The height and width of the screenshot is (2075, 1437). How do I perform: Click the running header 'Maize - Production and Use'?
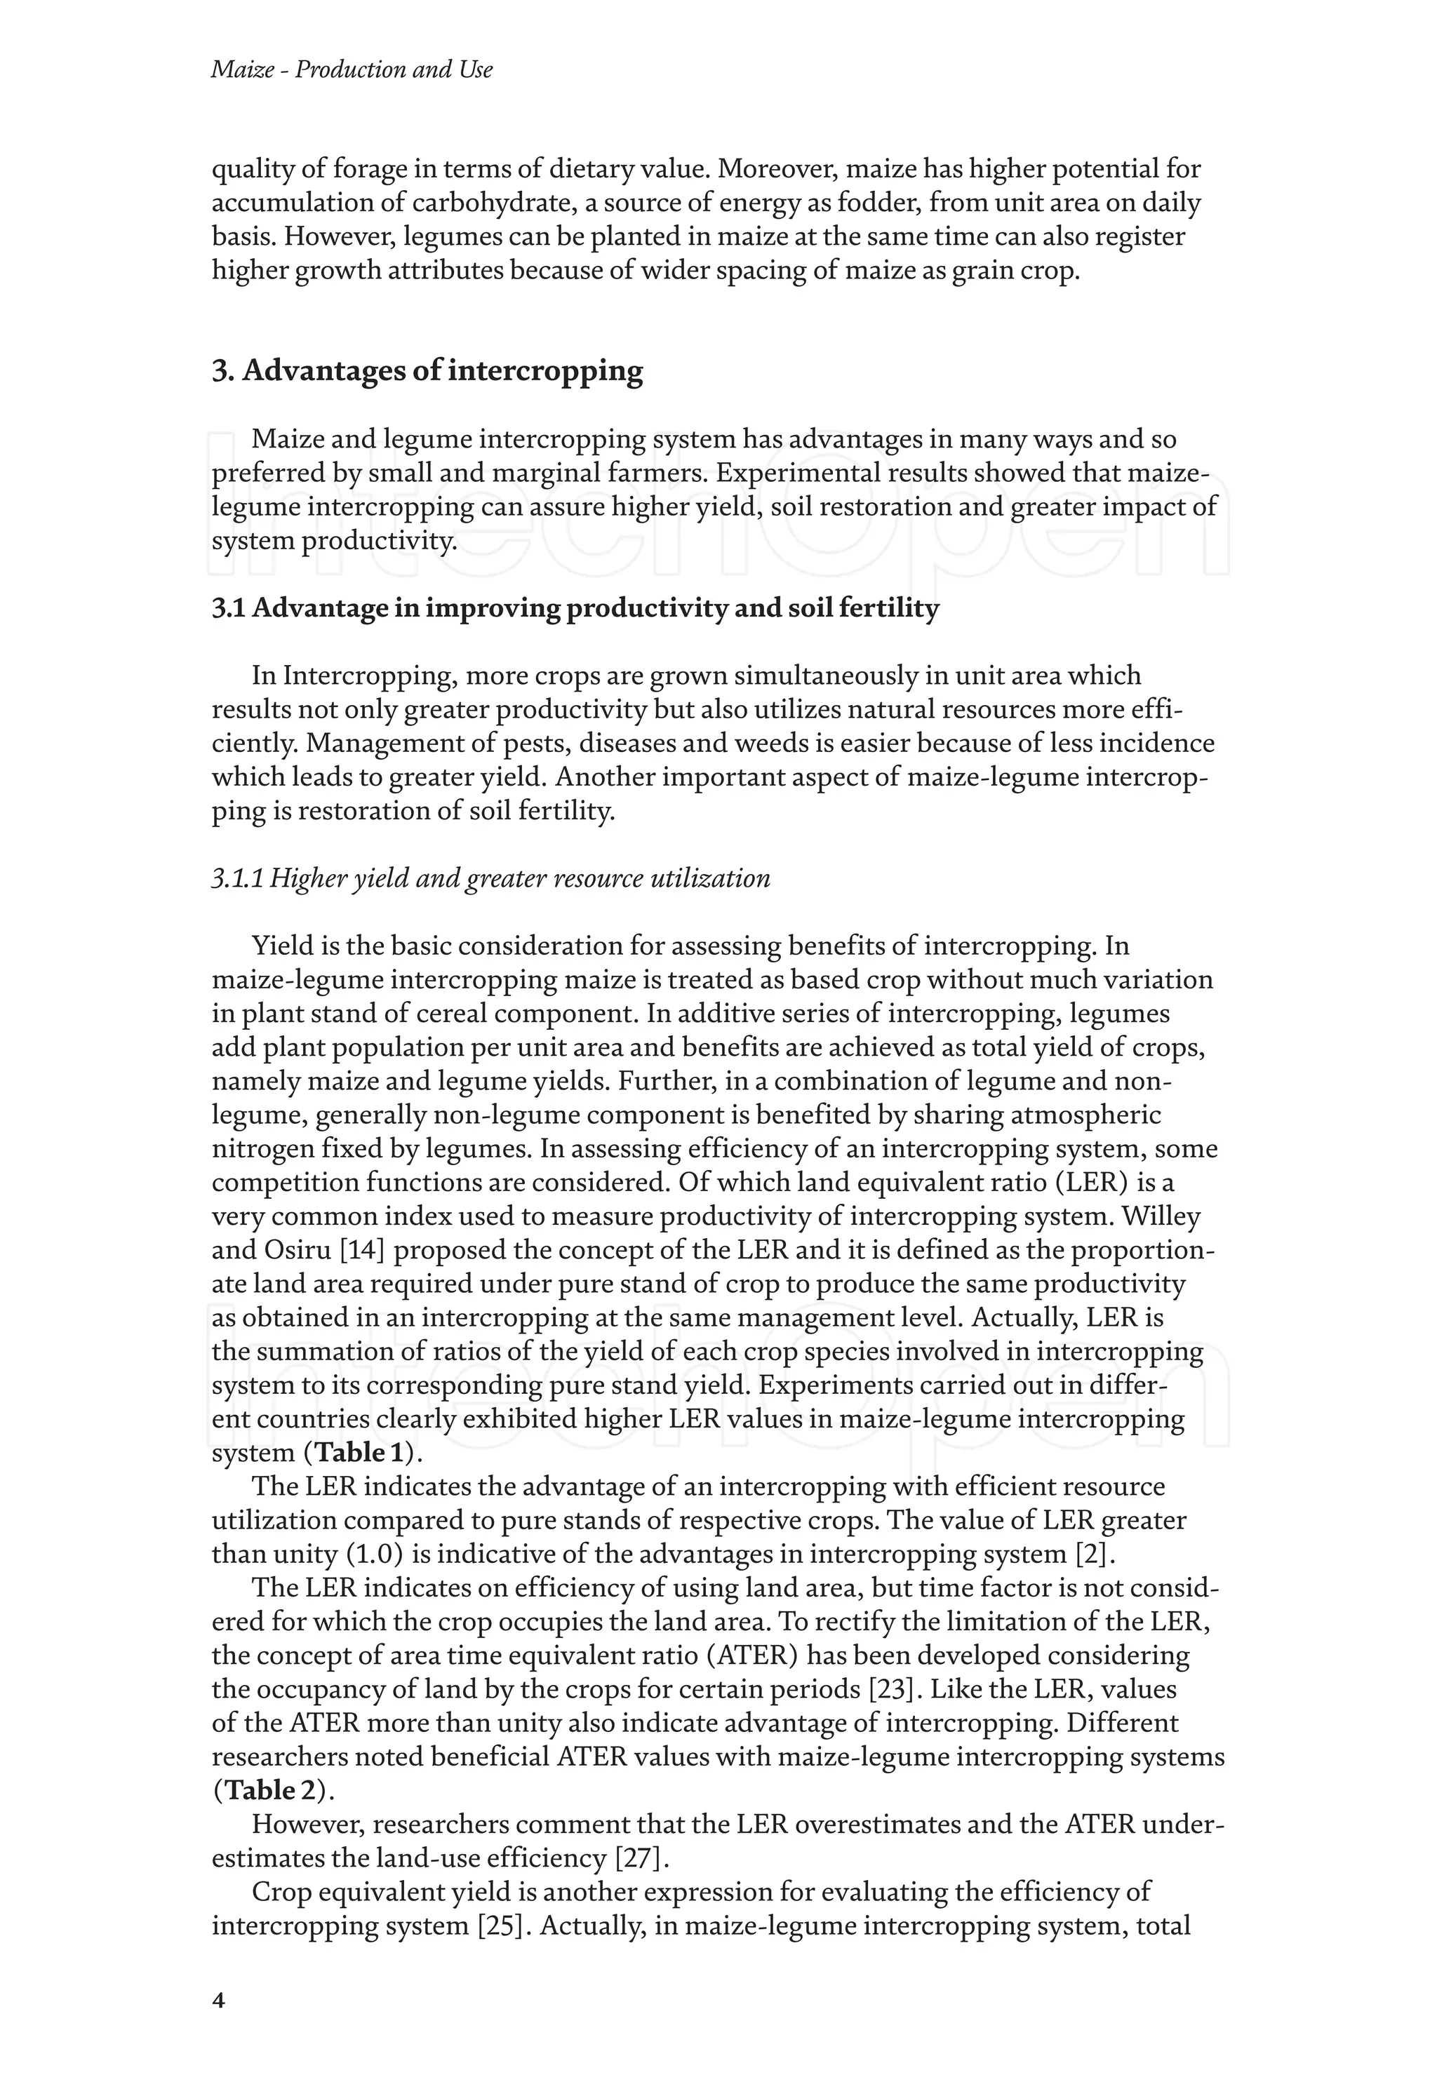point(351,69)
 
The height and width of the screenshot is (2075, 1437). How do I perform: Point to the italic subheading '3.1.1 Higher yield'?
point(490,878)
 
